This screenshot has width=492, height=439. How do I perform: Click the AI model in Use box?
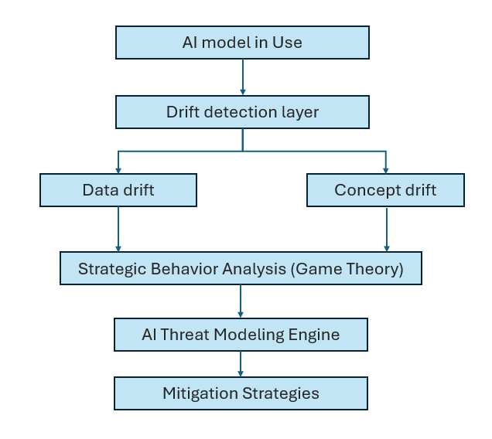point(242,43)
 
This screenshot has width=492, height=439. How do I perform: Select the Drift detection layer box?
point(242,112)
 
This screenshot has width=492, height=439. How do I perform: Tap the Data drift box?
point(118,190)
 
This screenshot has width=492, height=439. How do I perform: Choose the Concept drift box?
point(385,190)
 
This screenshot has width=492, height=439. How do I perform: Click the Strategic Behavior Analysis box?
point(241,269)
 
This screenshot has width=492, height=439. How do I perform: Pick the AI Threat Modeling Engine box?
point(241,335)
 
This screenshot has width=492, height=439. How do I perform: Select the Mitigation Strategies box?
point(241,393)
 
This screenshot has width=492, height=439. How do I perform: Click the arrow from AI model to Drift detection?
point(243,77)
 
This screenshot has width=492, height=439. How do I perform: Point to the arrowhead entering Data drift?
point(118,168)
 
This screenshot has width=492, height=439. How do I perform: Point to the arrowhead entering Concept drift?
point(385,168)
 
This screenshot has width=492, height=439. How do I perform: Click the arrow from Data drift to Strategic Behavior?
point(118,229)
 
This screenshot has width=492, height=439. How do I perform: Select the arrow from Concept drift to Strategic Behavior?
point(385,229)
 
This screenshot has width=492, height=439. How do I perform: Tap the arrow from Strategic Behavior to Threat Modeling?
point(241,301)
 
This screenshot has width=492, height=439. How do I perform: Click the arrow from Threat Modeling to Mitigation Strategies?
point(241,363)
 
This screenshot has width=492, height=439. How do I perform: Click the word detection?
point(231,112)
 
